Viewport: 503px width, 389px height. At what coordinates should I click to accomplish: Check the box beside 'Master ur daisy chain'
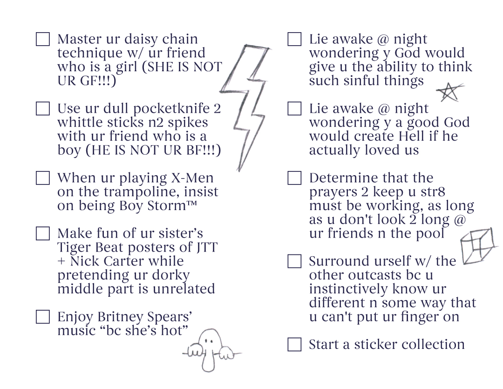[x=43, y=39]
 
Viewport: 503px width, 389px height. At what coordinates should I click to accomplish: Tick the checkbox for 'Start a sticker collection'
[x=294, y=344]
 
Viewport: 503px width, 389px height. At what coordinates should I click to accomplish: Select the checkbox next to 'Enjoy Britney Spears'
[x=43, y=317]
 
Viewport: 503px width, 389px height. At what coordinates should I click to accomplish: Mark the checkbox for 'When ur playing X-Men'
[x=43, y=178]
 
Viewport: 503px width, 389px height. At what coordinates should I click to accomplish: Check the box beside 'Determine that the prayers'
[x=294, y=178]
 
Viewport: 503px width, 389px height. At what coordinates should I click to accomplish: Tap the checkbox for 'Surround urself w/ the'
[x=294, y=261]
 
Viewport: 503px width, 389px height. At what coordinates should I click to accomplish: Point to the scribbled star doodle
[x=449, y=92]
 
